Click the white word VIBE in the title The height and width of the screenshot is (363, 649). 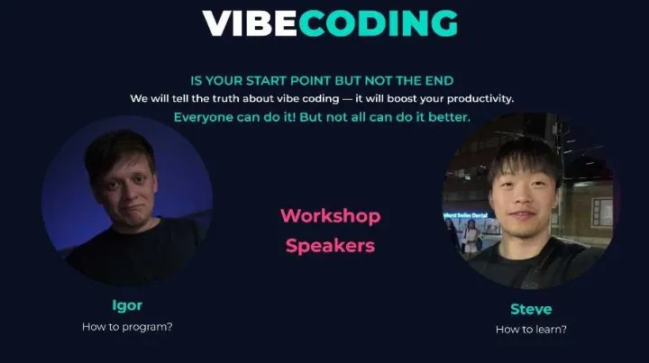(x=249, y=23)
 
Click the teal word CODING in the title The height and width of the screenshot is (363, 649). (x=378, y=23)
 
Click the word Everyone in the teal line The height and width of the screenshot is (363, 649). (x=204, y=118)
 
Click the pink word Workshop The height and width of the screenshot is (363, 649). (x=330, y=216)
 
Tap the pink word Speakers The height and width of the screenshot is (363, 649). (x=330, y=245)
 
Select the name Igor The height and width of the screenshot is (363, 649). (x=127, y=305)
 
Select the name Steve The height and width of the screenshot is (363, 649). (x=531, y=309)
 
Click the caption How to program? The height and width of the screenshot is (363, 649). (x=127, y=326)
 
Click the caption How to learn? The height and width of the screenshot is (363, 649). (x=531, y=330)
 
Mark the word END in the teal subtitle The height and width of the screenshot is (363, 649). (x=465, y=79)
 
